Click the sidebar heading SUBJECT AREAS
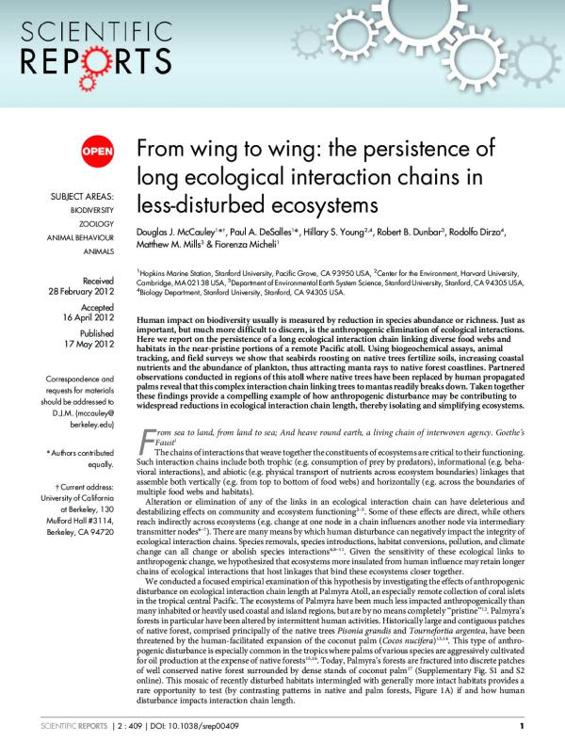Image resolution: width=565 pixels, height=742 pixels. tap(80, 197)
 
